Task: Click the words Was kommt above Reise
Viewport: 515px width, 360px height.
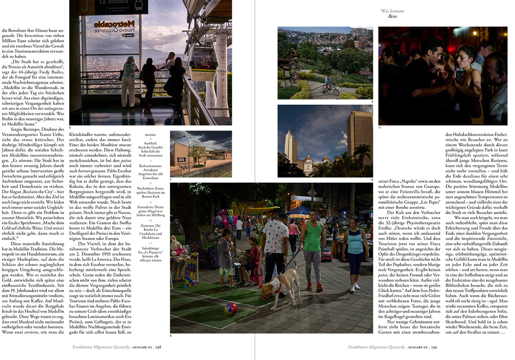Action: coord(392,11)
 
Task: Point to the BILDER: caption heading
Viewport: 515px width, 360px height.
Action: coord(151,134)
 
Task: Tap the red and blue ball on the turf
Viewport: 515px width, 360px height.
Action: coord(230,309)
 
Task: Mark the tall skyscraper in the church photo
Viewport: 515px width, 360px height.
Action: coord(359,137)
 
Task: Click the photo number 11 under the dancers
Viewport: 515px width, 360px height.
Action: coord(380,127)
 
